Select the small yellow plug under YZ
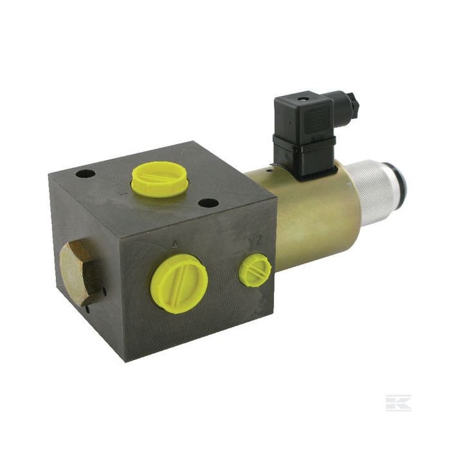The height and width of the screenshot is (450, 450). [255, 271]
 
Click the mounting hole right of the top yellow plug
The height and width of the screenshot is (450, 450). [208, 203]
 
